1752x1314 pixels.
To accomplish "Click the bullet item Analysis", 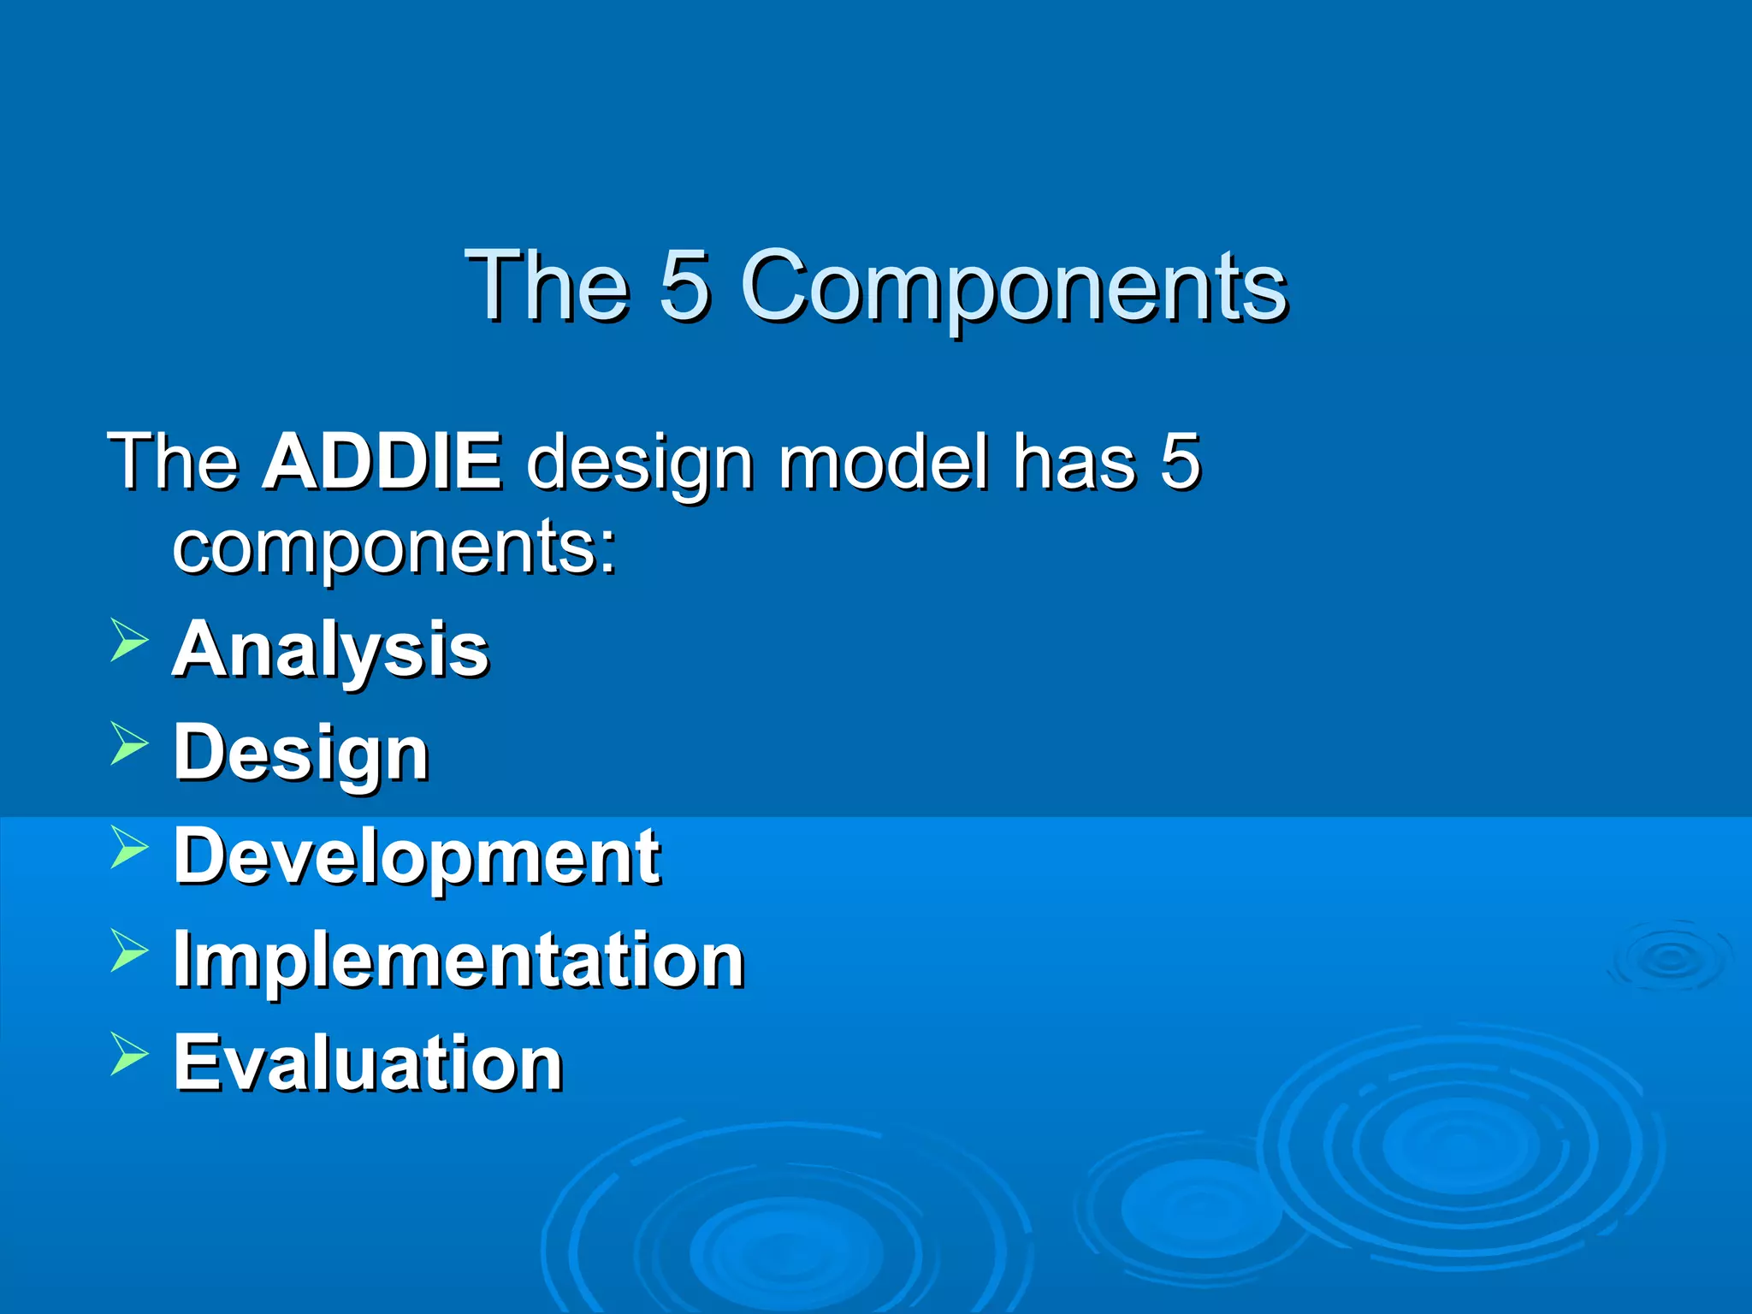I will click(x=330, y=650).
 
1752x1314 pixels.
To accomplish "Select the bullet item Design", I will click(x=300, y=753).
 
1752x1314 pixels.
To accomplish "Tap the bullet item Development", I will click(x=417, y=857).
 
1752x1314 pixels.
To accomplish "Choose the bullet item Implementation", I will click(x=459, y=960).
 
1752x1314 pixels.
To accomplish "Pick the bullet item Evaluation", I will click(x=368, y=1062).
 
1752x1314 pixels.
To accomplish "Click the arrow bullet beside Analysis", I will click(x=129, y=642).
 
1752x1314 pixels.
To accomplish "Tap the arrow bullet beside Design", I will click(x=129, y=743).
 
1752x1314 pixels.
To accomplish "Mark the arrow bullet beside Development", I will click(x=129, y=848).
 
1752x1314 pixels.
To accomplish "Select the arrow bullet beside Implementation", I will click(x=129, y=951).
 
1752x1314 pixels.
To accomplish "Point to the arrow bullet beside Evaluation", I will click(x=129, y=1054).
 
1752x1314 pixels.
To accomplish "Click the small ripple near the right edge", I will click(x=1669, y=958).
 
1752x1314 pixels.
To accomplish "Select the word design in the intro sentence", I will click(x=640, y=463).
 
